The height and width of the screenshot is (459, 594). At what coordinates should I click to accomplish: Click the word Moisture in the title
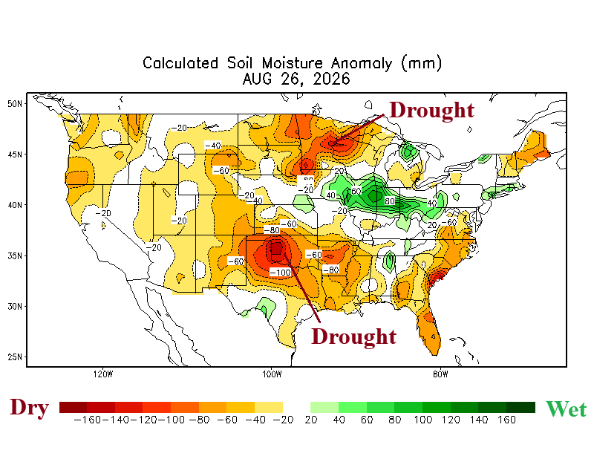292,63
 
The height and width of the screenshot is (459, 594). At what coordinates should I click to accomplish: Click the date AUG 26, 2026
296,79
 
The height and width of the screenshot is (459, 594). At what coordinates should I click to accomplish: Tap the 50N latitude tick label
15,104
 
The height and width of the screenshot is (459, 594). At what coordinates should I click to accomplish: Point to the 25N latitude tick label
15,357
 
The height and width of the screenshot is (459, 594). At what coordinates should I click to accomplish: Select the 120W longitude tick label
103,374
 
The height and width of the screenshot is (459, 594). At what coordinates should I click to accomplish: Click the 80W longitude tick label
440,374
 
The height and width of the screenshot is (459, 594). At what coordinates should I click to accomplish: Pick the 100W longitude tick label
272,374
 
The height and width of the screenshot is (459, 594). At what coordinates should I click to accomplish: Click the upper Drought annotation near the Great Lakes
431,111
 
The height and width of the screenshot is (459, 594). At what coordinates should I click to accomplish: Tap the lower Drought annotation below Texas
353,336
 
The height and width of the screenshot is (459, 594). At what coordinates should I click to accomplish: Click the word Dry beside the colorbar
29,408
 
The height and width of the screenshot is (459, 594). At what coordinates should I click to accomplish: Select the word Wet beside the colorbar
566,409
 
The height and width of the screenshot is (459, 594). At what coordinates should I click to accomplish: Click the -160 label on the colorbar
88,420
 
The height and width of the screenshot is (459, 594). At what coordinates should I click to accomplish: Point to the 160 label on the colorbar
507,420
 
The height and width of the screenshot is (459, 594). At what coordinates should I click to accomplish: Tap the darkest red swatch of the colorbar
73,408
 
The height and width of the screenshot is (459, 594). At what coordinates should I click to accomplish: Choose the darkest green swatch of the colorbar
521,408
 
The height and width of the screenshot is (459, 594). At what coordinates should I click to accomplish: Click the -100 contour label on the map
281,273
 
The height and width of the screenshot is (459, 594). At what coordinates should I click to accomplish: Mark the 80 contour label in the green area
390,201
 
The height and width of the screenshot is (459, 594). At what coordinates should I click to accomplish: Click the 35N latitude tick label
15,255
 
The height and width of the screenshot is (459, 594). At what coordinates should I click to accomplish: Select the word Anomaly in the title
362,64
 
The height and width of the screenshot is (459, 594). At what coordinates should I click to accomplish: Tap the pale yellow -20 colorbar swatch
269,408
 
